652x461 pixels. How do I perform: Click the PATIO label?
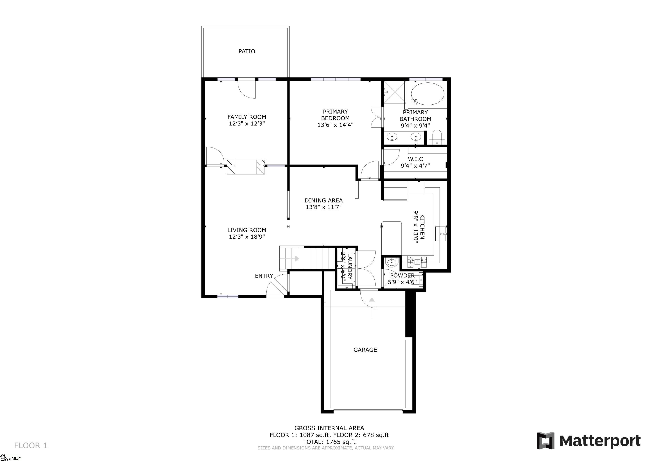click(247, 51)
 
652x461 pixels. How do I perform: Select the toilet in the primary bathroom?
click(437, 137)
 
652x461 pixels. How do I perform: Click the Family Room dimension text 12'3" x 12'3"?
click(247, 124)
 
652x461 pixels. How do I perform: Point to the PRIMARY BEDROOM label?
click(335, 115)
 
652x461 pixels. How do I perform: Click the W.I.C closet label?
click(415, 159)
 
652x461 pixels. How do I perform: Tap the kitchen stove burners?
click(417, 262)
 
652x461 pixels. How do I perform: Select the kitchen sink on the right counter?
click(441, 234)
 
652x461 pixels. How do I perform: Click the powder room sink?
click(391, 262)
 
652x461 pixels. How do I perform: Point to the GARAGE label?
click(365, 350)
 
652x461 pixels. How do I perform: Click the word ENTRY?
click(264, 276)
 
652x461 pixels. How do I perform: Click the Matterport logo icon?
click(546, 441)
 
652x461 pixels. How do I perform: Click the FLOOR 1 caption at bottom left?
click(31, 445)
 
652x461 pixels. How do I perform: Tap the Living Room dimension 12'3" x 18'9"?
click(247, 237)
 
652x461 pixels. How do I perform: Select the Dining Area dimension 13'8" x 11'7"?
click(324, 207)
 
